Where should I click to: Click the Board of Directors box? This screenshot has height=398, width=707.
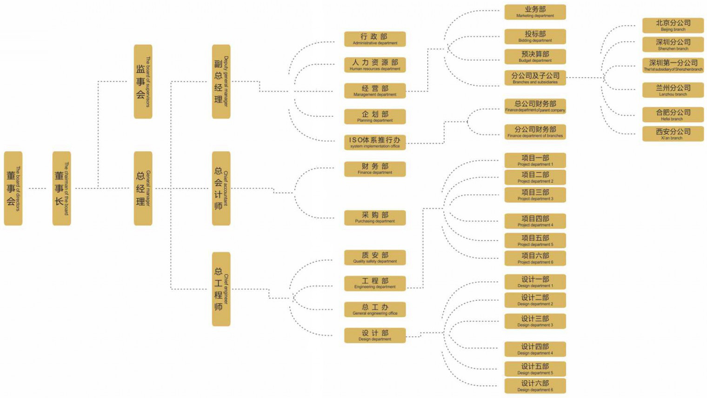click(x=13, y=188)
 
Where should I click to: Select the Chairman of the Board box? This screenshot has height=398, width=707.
click(x=61, y=188)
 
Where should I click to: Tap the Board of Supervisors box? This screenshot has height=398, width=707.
click(x=143, y=82)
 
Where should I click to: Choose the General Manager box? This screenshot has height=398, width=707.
click(x=143, y=188)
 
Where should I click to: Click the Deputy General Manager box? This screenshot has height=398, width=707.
click(x=221, y=82)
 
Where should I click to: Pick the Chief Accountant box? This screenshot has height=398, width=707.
click(x=221, y=188)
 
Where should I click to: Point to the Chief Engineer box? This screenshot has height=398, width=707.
click(x=221, y=289)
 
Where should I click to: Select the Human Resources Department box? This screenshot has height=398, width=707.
click(x=375, y=65)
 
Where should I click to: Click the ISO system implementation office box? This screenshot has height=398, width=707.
click(x=375, y=142)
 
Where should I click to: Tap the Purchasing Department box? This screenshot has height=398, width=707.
click(x=375, y=218)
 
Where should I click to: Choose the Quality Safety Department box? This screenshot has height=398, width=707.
click(x=375, y=258)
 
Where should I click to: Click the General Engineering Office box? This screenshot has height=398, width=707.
click(x=375, y=310)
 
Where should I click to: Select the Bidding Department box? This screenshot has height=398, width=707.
click(x=535, y=36)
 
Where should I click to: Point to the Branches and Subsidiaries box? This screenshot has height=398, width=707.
click(x=535, y=78)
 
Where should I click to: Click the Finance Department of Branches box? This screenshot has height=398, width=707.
click(x=535, y=132)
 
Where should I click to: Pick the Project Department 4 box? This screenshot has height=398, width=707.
click(x=535, y=221)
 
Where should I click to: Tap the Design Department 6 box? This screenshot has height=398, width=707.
click(x=535, y=386)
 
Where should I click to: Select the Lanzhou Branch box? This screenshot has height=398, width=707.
click(x=673, y=90)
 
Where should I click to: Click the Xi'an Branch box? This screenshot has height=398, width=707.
click(x=673, y=134)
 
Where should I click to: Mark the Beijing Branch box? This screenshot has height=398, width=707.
click(x=673, y=25)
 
